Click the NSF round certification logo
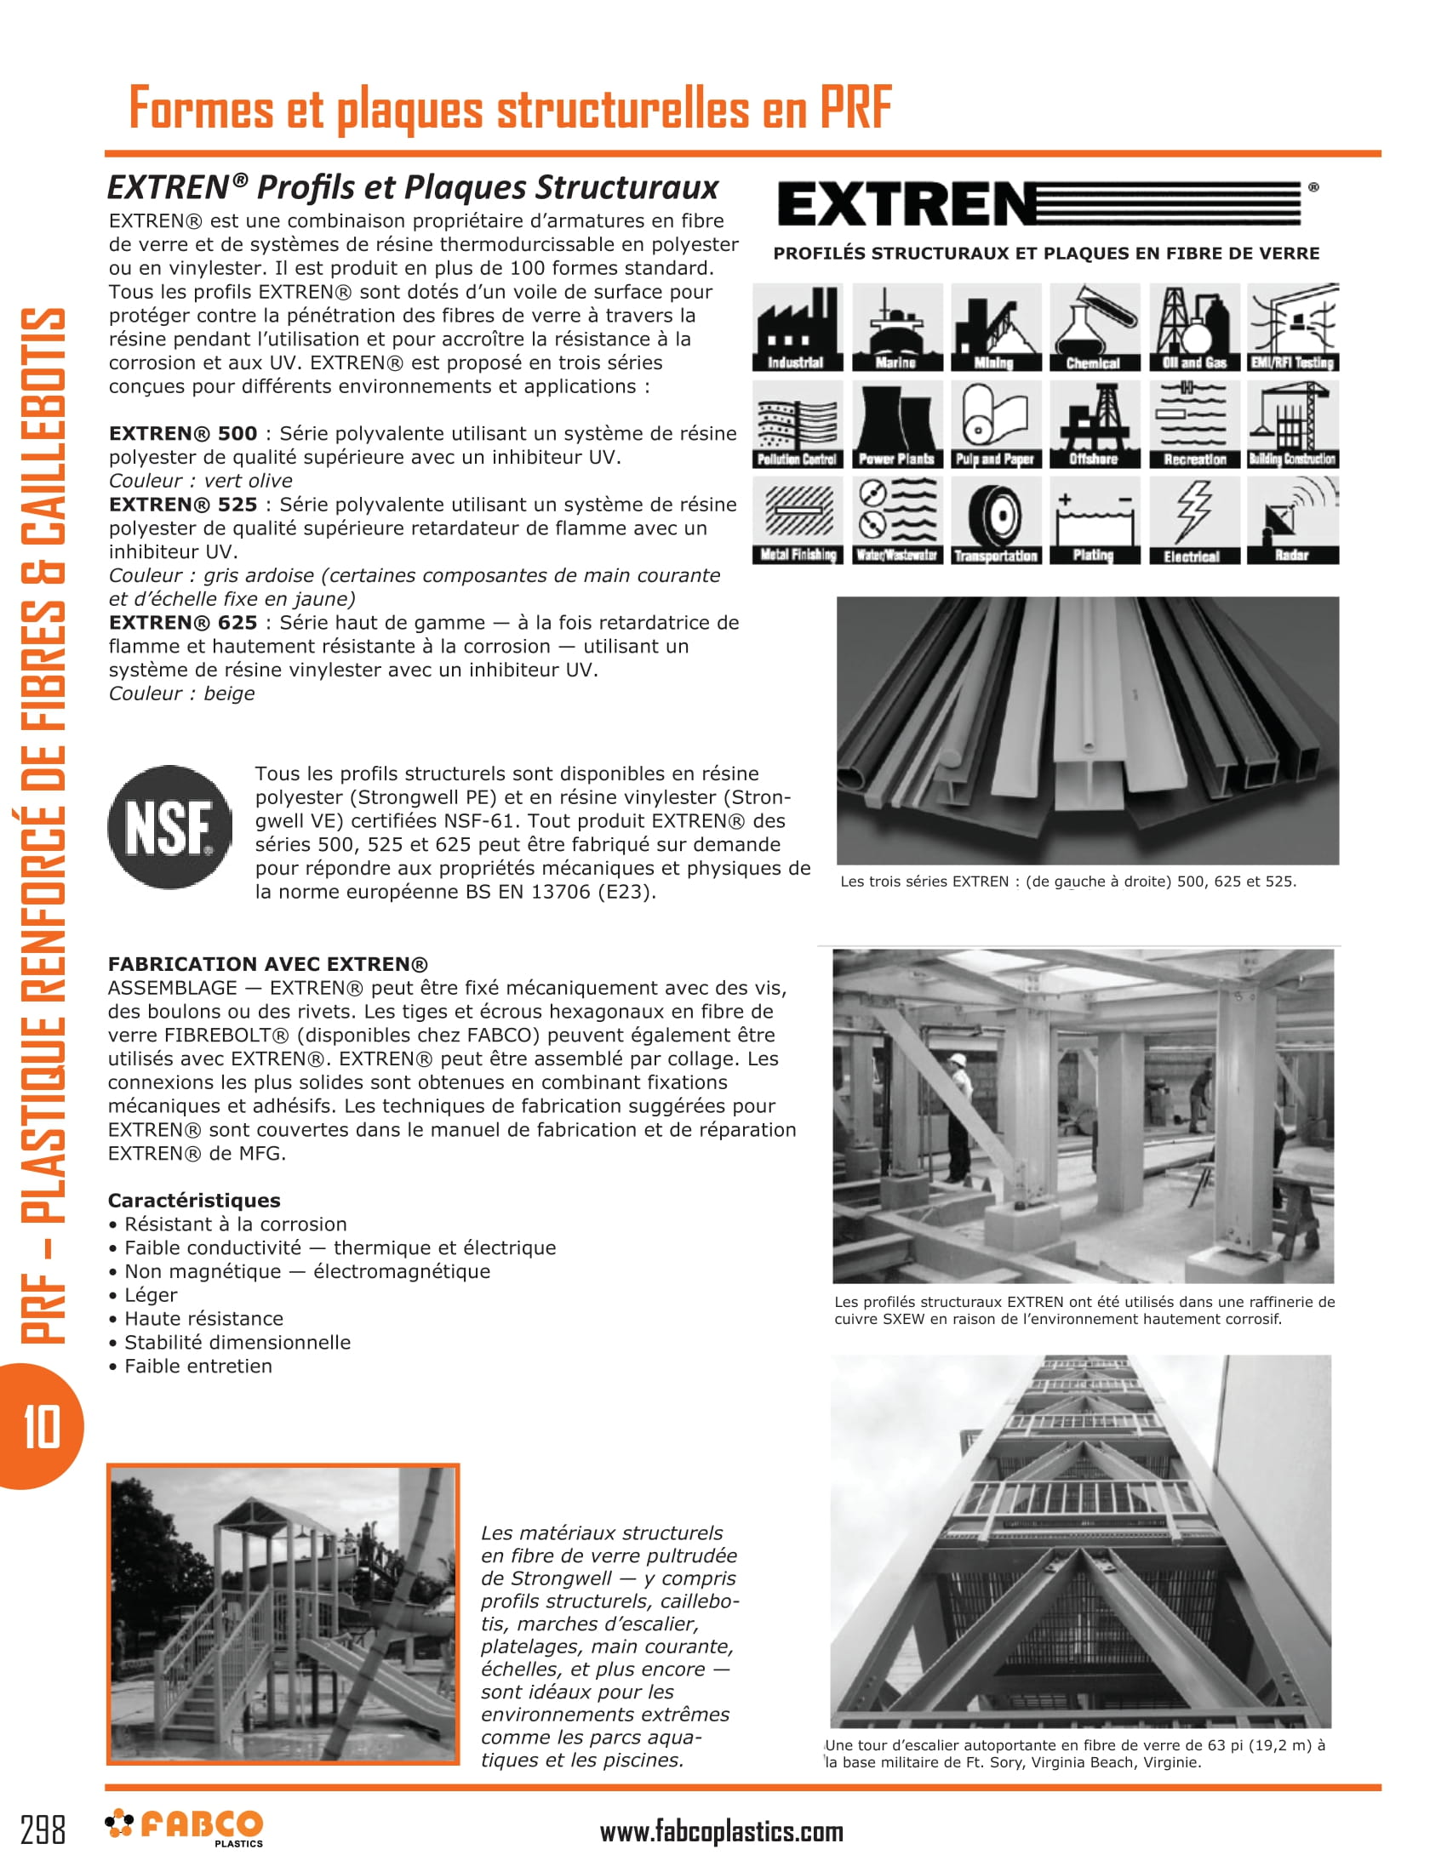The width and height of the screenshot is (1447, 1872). [x=169, y=827]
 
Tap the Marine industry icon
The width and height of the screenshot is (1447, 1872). [x=896, y=328]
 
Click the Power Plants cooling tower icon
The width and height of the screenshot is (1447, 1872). [x=896, y=425]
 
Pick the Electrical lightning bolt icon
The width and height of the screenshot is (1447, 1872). [x=1192, y=520]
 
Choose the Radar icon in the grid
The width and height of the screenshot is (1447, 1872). [x=1292, y=520]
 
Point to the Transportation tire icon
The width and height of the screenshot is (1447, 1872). [x=995, y=520]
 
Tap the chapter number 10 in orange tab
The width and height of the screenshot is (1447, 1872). [x=41, y=1427]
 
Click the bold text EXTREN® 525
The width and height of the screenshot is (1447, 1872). [x=183, y=505]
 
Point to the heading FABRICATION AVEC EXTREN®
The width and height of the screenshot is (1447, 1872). [x=267, y=964]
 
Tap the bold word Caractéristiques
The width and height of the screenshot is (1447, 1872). [x=194, y=1201]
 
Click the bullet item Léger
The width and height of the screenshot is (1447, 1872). [x=151, y=1295]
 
